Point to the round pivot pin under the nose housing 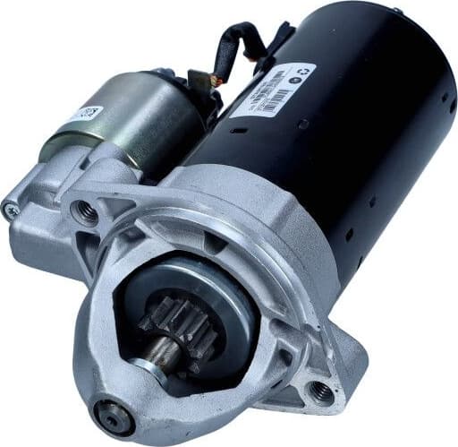pos(114,416)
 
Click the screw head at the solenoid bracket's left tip pos(11,211)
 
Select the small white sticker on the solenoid pos(87,116)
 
